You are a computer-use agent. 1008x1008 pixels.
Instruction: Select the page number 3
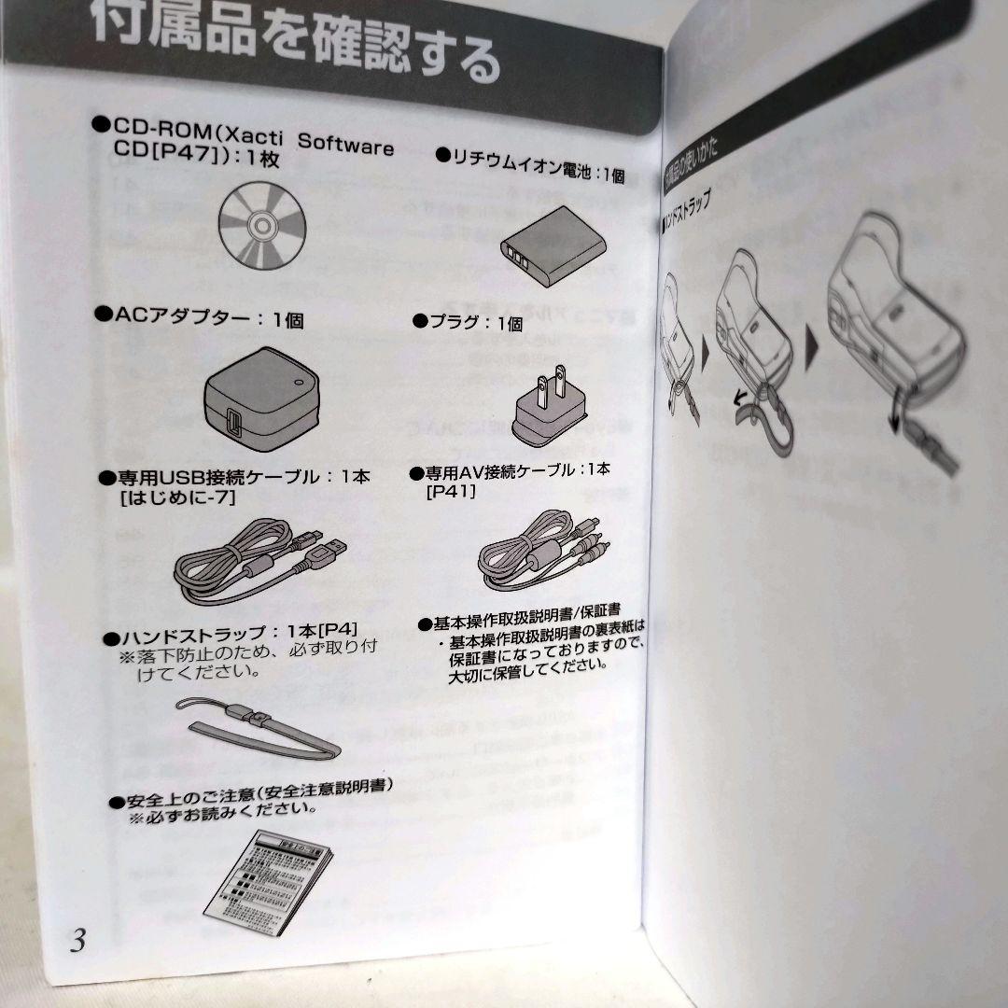77,940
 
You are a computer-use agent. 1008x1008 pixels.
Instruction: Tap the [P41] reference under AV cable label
451,489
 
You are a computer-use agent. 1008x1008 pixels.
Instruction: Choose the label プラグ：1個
470,322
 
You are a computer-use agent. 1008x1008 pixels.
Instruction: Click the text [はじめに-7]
177,499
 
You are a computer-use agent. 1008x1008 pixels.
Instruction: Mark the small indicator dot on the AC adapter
298,381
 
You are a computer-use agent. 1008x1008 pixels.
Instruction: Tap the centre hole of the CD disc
260,226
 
